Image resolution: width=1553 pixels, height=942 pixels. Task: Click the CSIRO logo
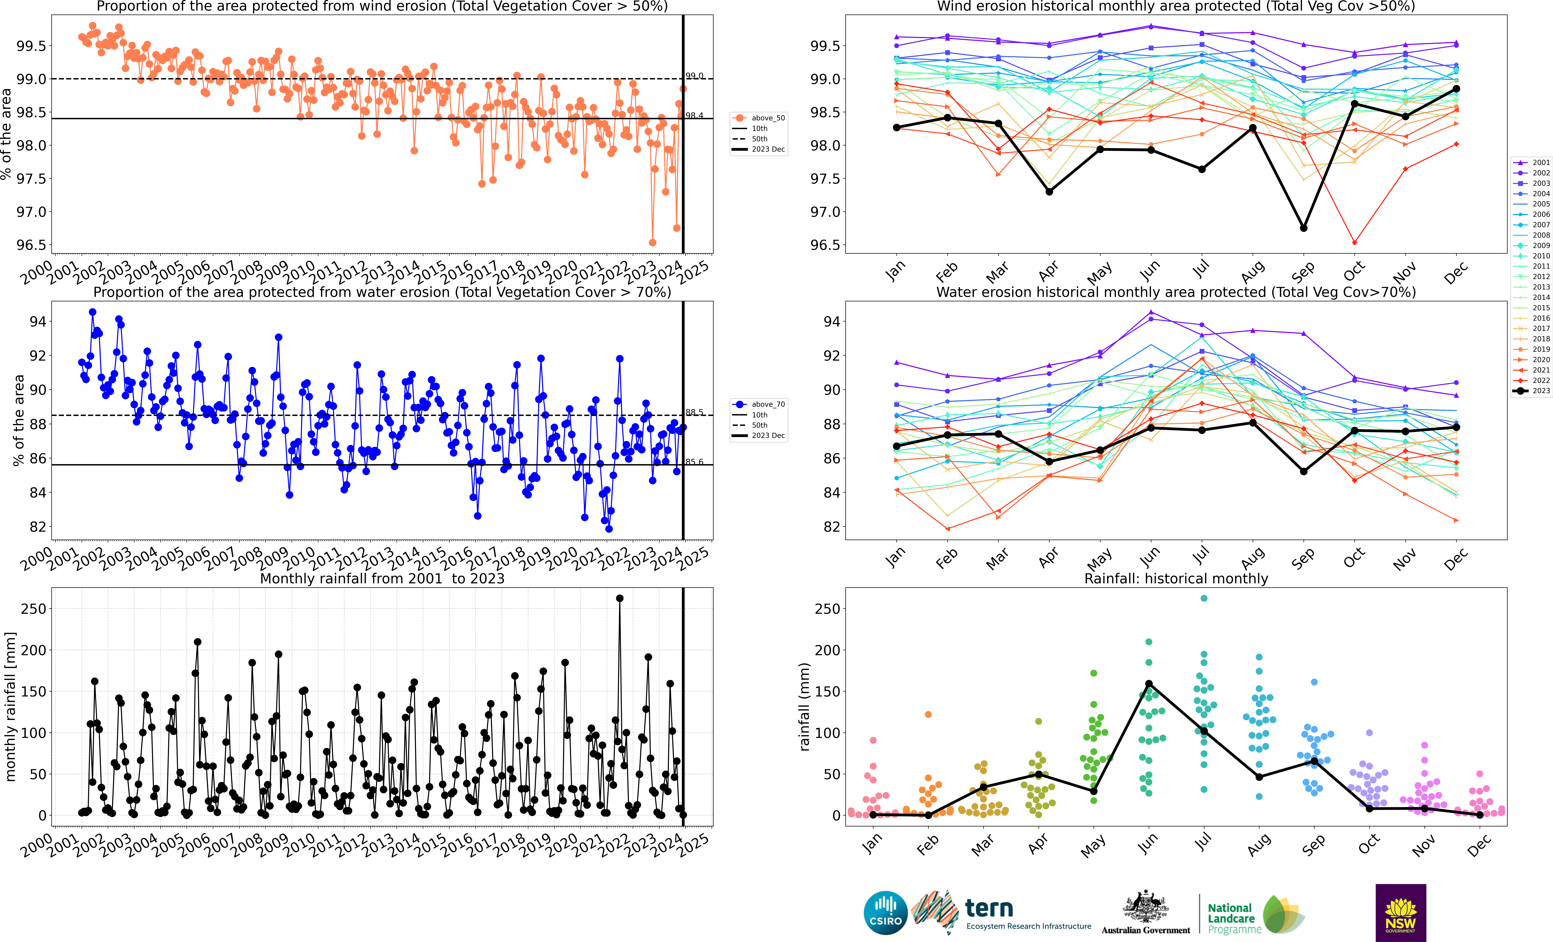point(886,912)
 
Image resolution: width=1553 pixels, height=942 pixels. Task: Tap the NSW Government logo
point(1401,912)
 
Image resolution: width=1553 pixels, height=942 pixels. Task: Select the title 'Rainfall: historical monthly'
point(1175,578)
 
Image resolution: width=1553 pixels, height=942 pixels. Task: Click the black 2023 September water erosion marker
point(1303,471)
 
